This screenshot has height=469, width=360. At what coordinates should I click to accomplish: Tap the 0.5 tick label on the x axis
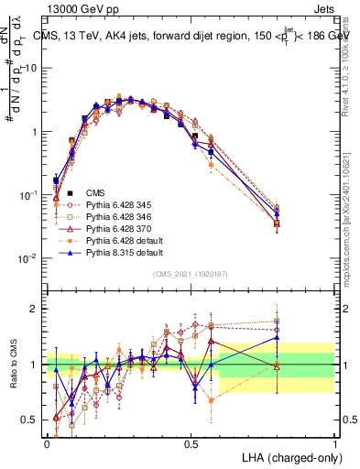(191, 442)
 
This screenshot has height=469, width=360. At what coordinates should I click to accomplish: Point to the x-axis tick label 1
(334, 442)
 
